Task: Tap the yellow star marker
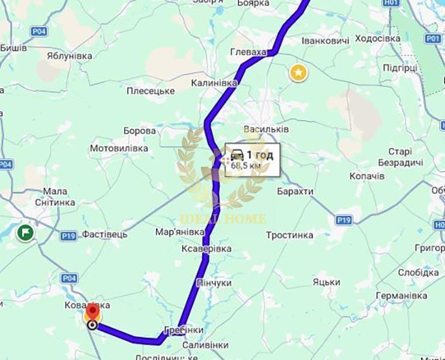(x=298, y=73)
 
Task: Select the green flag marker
(x=26, y=232)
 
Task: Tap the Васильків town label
(x=267, y=130)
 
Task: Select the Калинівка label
(x=214, y=83)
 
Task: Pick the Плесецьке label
(x=151, y=91)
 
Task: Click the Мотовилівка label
(x=119, y=148)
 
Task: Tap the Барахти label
(x=295, y=191)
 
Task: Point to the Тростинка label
(x=290, y=235)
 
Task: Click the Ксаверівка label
(x=206, y=248)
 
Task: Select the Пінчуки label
(x=214, y=283)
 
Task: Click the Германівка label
(x=401, y=296)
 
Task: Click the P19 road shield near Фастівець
(x=68, y=236)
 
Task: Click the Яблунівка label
(x=70, y=56)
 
